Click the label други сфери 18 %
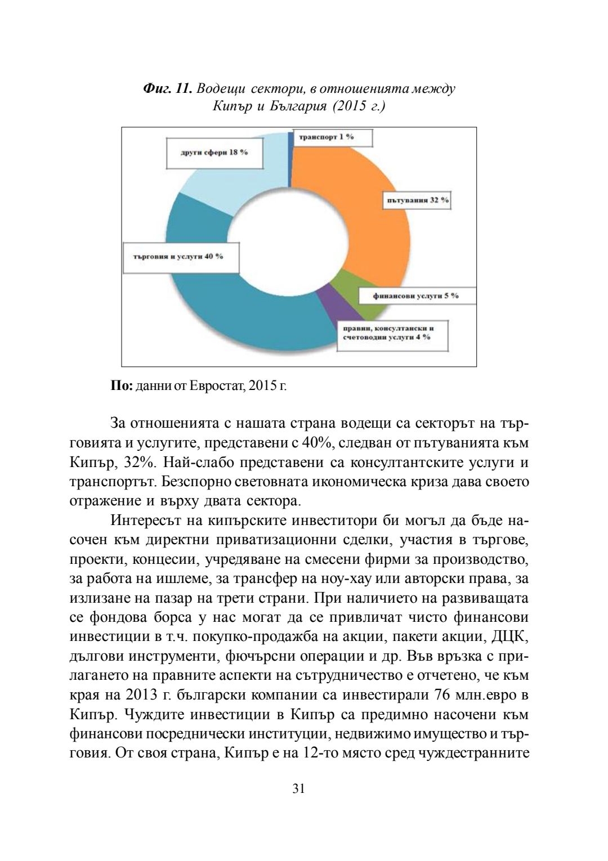tap(214, 153)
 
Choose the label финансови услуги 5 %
tap(415, 296)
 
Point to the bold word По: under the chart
tap(121, 386)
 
